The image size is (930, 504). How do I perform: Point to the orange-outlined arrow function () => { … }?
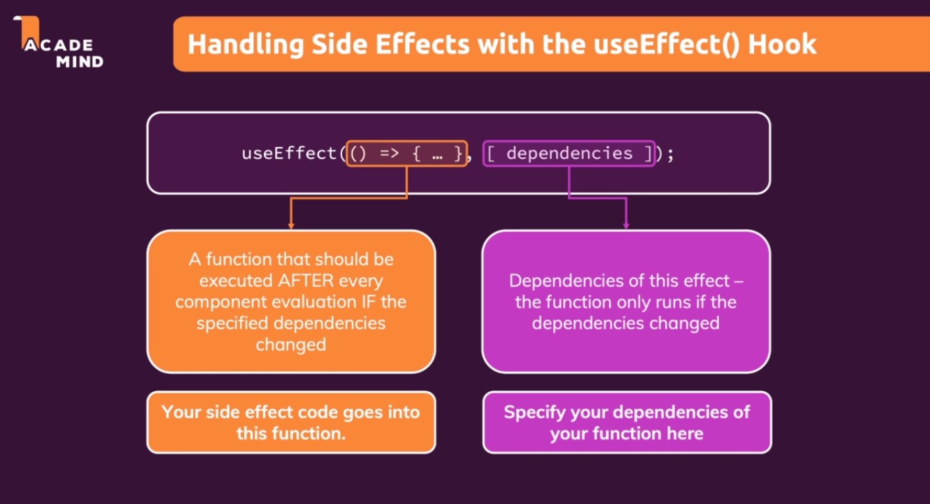tap(406, 153)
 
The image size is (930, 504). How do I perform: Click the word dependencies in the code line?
tap(569, 153)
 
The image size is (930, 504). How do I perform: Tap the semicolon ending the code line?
tap(670, 153)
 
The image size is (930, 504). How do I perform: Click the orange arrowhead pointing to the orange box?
tap(291, 224)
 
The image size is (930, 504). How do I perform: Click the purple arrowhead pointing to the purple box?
tap(626, 224)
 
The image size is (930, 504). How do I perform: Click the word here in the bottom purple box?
tap(686, 434)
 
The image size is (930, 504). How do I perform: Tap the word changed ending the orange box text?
tap(291, 345)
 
